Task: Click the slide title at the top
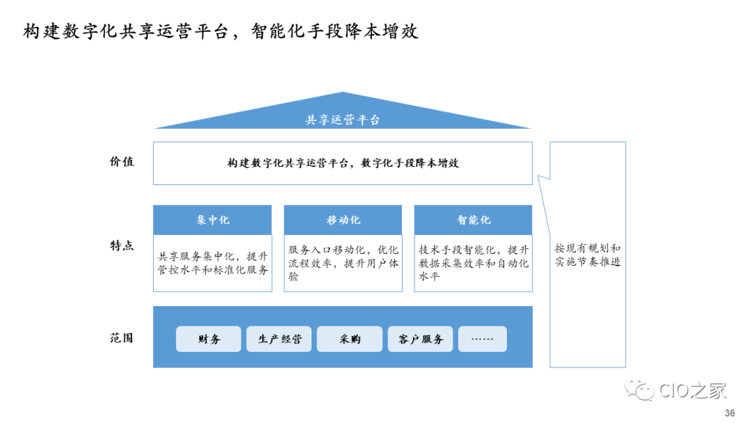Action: (220, 31)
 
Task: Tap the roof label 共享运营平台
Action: (343, 120)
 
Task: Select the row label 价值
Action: (122, 161)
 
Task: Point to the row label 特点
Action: (122, 246)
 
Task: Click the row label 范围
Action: (122, 338)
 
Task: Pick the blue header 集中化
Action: (212, 220)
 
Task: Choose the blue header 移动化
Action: (343, 220)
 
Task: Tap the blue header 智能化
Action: (474, 220)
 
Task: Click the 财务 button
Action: (209, 340)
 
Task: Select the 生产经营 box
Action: (280, 340)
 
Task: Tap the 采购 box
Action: (350, 340)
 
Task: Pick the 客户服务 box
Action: (420, 340)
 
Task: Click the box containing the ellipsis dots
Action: (483, 340)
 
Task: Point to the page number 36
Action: (729, 413)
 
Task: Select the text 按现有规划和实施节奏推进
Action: (588, 255)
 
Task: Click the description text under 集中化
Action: (212, 262)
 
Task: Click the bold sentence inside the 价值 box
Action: (343, 163)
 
